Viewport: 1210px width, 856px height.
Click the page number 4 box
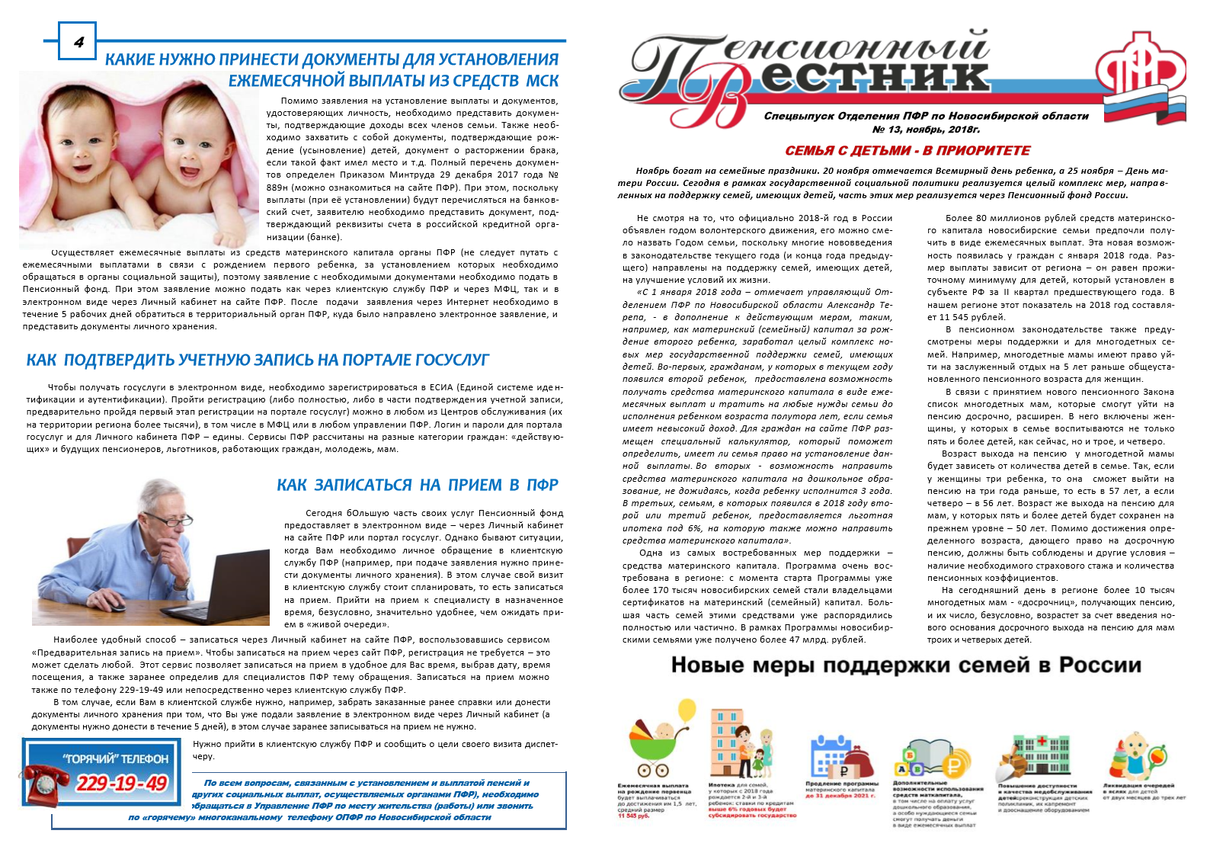click(x=78, y=41)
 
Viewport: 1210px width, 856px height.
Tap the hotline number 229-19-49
click(x=122, y=783)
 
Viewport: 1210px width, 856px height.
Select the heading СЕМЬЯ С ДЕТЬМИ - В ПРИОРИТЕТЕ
click(x=907, y=151)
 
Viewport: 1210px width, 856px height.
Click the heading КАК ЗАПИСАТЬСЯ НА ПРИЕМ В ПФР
click(x=417, y=485)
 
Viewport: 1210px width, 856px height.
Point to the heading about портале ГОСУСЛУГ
click(x=258, y=360)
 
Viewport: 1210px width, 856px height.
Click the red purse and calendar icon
click(x=842, y=754)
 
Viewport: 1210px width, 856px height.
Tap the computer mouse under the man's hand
click(x=113, y=604)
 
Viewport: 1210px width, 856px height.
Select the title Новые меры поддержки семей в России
click(x=906, y=665)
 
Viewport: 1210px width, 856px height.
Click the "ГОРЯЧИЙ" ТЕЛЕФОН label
click(x=115, y=758)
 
